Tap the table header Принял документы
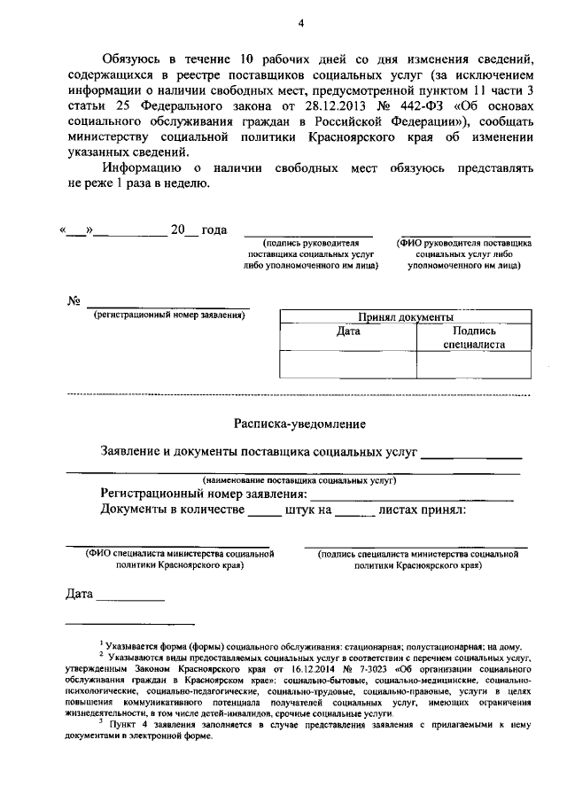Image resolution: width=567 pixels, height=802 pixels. pyautogui.click(x=406, y=316)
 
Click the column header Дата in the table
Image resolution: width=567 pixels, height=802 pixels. pyautogui.click(x=348, y=331)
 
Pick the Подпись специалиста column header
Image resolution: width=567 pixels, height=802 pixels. pyautogui.click(x=473, y=338)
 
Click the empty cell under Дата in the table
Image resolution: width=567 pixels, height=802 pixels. pyautogui.click(x=348, y=364)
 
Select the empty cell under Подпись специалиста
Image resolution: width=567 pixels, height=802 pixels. pyautogui.click(x=473, y=364)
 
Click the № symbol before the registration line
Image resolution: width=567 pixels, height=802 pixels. pyautogui.click(x=74, y=300)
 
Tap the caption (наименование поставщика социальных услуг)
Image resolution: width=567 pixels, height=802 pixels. pyautogui.click(x=299, y=479)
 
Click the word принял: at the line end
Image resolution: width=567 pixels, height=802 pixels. pyautogui.click(x=433, y=510)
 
